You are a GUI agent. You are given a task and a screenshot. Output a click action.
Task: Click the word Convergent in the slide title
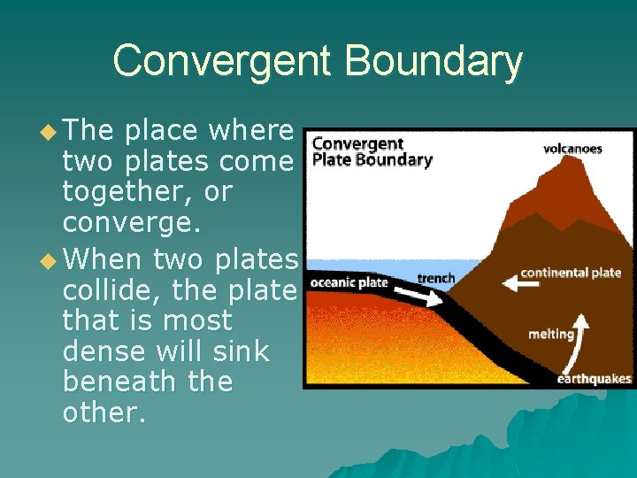click(221, 62)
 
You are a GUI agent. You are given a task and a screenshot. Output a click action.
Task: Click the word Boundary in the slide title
click(433, 62)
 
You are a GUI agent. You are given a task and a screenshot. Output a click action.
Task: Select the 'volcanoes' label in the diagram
click(572, 149)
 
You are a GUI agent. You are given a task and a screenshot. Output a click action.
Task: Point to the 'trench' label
click(435, 278)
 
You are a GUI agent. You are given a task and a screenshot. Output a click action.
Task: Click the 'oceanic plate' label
click(349, 282)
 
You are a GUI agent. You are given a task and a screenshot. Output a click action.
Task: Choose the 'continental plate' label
click(571, 273)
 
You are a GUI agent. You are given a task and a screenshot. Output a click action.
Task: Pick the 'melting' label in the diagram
click(550, 335)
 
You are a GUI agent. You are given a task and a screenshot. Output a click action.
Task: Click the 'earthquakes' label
click(594, 379)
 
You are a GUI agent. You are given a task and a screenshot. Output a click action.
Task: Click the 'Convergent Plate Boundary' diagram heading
click(372, 151)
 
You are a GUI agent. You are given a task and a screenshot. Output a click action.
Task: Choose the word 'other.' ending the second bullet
click(104, 414)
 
